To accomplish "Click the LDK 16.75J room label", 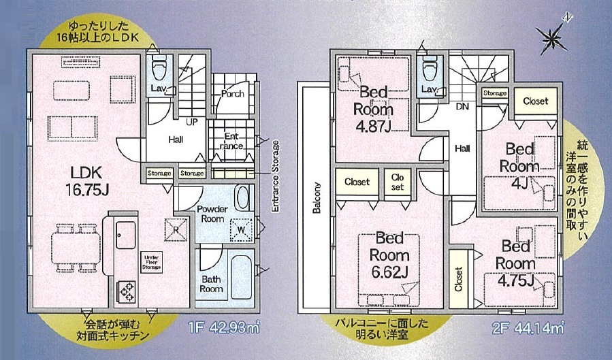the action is click(x=86, y=181).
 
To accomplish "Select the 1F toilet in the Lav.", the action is click(x=159, y=67).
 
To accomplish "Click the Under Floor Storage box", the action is click(x=151, y=262).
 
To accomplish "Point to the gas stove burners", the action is click(x=126, y=291).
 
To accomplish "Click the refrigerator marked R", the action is click(x=176, y=229).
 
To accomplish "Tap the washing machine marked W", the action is click(x=242, y=231).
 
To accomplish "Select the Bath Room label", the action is click(x=211, y=284).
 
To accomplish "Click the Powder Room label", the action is click(x=212, y=214).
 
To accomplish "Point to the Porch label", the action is click(x=232, y=94).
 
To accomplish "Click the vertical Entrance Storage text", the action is click(x=276, y=176).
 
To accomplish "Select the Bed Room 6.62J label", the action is click(x=389, y=255).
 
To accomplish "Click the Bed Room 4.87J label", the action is click(x=374, y=110).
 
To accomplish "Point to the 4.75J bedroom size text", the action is click(x=515, y=280).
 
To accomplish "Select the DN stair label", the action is click(x=462, y=106).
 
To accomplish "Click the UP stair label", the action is click(x=192, y=122).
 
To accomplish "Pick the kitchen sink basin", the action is click(x=126, y=235).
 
